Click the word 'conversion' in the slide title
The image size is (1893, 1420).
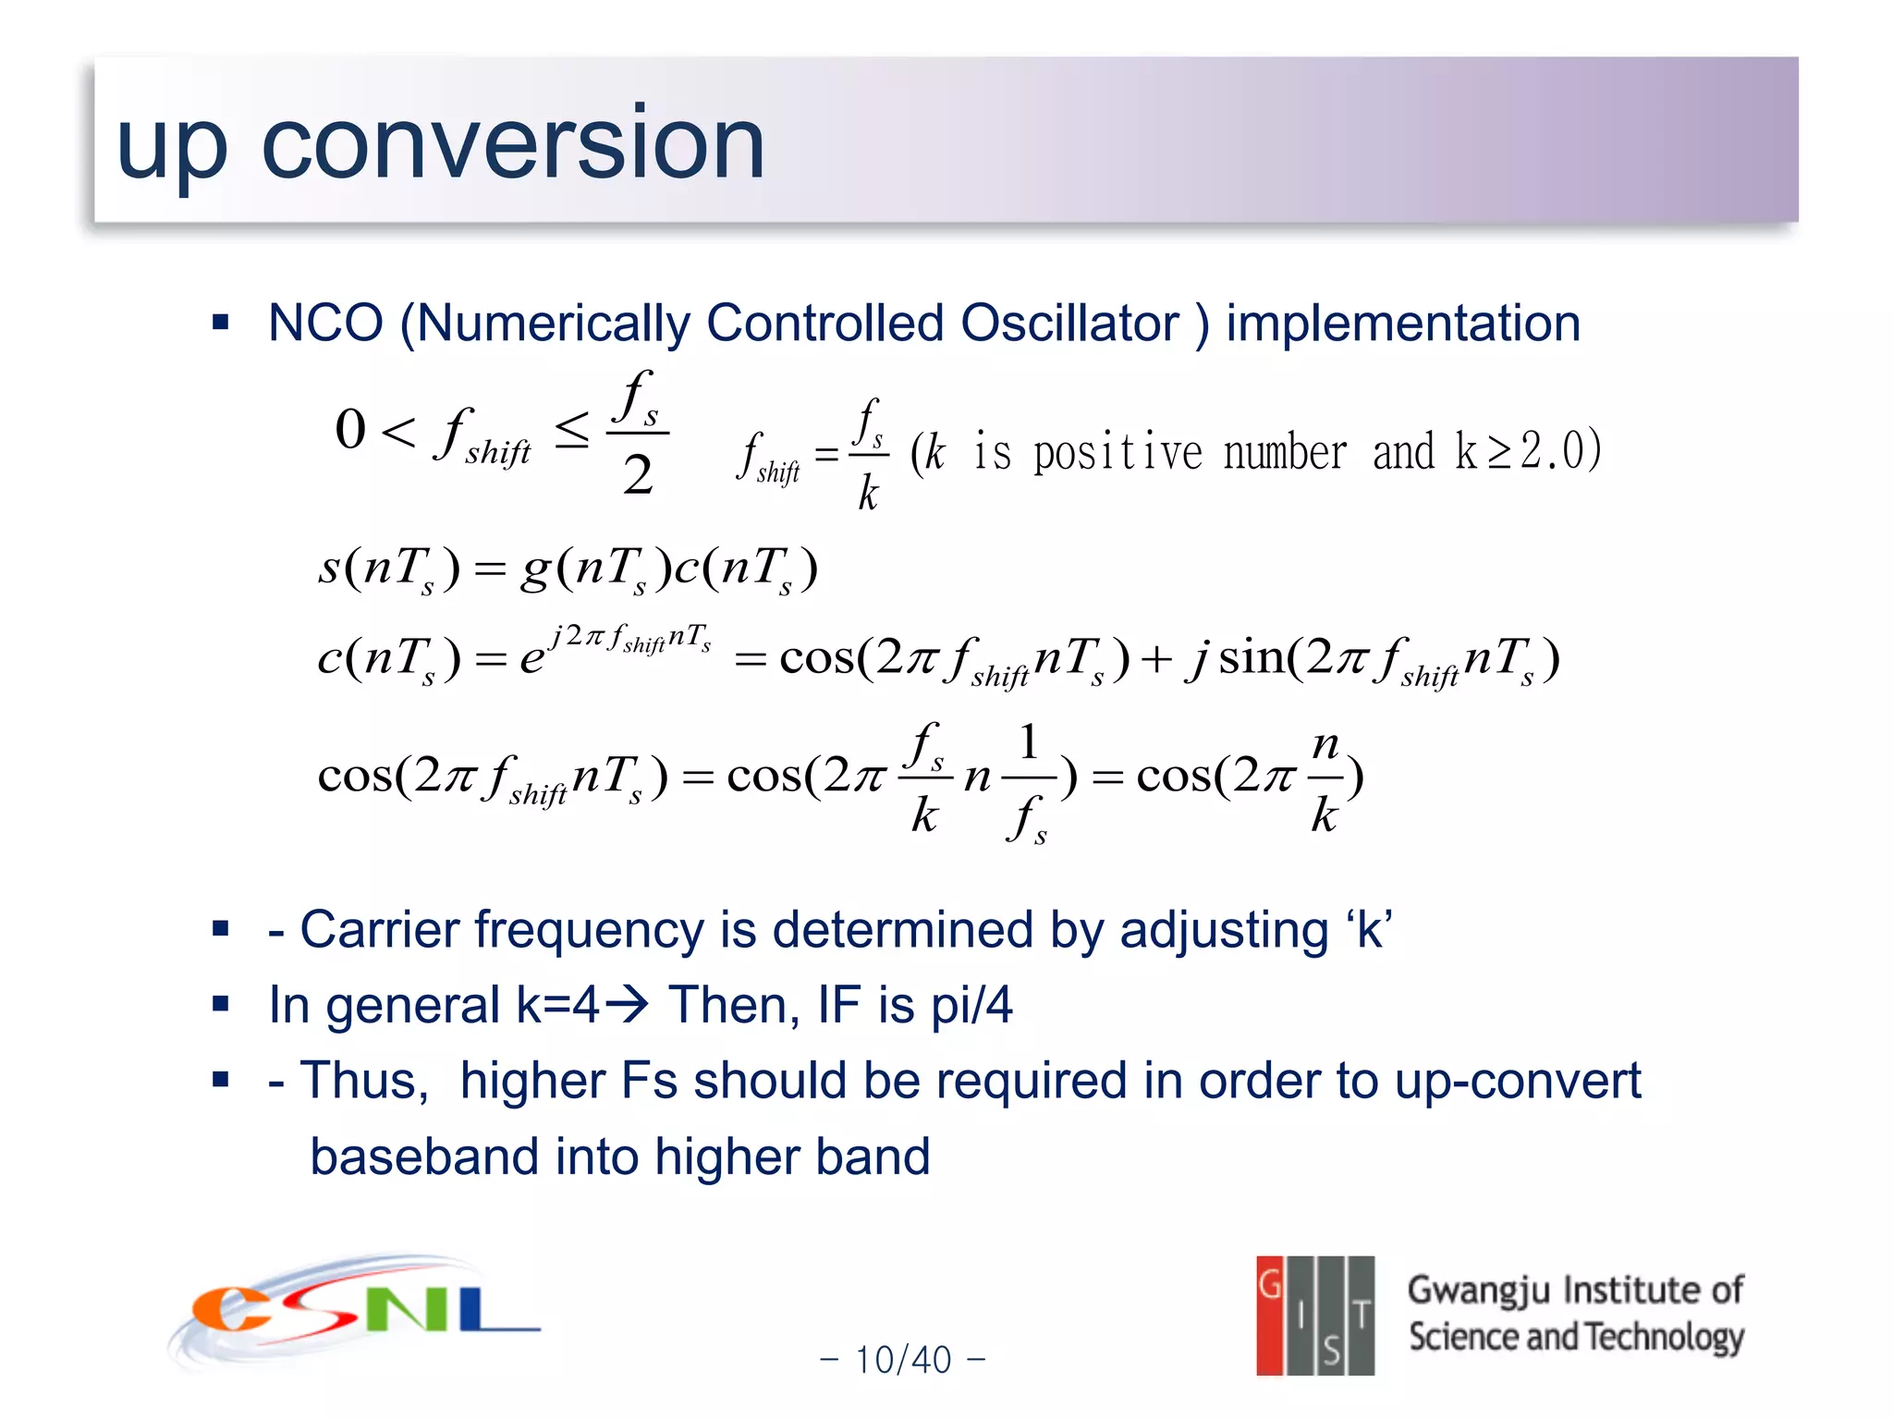513,143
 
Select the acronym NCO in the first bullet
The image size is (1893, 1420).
325,324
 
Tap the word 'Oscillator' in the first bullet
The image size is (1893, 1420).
1069,324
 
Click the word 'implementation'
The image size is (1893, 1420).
1402,324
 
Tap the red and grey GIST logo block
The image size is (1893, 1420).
1314,1315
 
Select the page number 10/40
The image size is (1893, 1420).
903,1360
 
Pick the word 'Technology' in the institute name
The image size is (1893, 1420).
1665,1337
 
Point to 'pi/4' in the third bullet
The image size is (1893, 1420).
971,1006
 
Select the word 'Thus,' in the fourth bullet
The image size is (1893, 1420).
364,1081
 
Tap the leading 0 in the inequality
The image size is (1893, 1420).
350,430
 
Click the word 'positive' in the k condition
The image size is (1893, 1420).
1117,452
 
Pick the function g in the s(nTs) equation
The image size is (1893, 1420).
536,568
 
